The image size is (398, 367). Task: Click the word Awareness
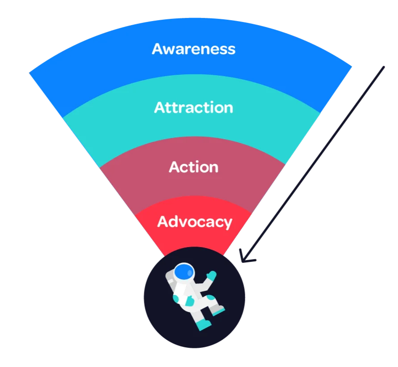point(194,49)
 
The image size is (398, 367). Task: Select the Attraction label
point(194,107)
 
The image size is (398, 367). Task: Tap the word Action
point(194,167)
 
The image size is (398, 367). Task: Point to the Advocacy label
point(195,222)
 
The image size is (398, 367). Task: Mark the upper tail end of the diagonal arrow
point(384,67)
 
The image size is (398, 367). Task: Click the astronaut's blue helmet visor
point(184,272)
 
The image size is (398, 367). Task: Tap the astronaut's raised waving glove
point(211,275)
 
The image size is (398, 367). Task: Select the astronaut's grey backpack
point(171,278)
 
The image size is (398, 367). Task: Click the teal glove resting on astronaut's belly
point(189,301)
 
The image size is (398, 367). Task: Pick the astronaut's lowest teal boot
point(204,325)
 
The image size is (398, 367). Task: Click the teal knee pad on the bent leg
point(211,297)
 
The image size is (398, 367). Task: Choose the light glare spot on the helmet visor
point(190,273)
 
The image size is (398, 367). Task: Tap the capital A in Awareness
point(158,49)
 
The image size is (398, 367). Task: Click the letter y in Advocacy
point(227,224)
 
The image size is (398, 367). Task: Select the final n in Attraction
point(228,109)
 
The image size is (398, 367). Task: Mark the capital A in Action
point(175,167)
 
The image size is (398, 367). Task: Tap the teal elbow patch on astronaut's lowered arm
point(176,299)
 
